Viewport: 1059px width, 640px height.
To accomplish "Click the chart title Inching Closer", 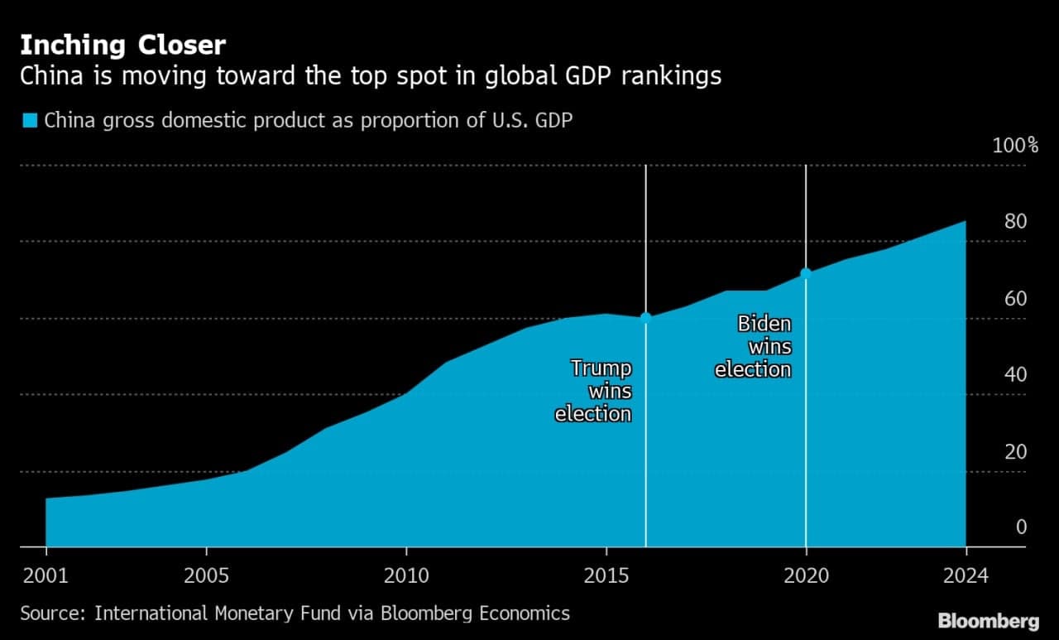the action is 123,46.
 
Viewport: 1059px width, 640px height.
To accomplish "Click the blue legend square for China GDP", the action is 30,120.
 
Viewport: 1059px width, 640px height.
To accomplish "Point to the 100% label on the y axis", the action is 1015,145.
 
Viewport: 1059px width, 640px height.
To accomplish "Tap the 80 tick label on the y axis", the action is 1015,221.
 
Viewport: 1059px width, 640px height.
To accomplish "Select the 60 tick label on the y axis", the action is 1015,299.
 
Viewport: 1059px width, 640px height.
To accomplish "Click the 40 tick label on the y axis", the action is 1015,374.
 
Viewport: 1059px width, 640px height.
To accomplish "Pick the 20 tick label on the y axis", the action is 1015,452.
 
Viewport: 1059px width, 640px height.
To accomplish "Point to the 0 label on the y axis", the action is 1021,527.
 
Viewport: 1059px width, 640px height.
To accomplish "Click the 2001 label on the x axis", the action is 46,575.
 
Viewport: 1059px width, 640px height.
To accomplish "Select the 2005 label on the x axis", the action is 206,575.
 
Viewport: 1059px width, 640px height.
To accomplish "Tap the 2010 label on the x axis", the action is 406,575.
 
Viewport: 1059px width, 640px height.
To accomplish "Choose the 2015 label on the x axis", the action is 606,575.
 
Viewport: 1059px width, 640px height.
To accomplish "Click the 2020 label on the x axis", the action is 806,575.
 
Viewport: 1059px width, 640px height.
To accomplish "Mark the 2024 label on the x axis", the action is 966,575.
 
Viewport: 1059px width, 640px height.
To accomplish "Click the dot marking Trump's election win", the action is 646,318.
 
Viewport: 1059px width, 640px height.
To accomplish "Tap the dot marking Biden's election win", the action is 806,273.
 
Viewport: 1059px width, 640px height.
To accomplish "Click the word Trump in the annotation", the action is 601,368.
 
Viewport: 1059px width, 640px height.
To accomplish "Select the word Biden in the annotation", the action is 764,324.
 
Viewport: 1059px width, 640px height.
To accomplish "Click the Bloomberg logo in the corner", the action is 989,621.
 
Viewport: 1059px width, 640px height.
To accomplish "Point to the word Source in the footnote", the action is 52,614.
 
